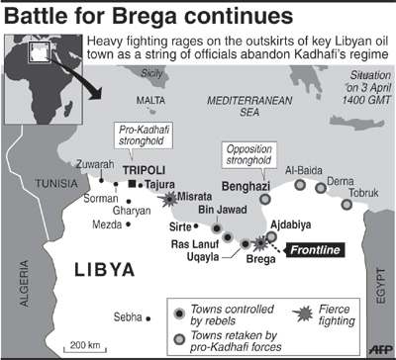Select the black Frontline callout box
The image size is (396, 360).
click(316, 250)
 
